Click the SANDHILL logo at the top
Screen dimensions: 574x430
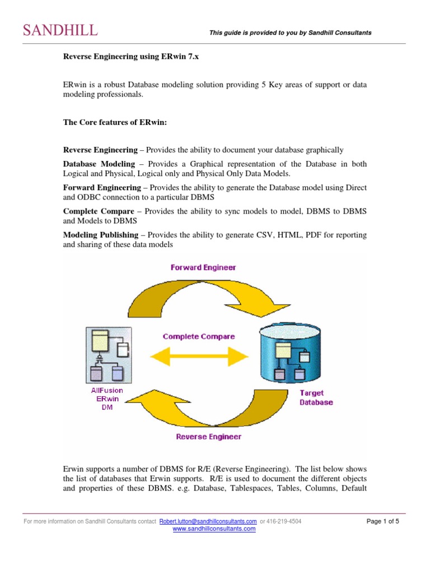(60, 30)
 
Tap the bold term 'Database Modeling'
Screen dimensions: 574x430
(99, 164)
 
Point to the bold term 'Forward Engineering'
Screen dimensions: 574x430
(101, 188)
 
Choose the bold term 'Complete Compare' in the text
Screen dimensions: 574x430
(99, 211)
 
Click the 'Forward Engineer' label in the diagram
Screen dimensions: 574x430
(203, 267)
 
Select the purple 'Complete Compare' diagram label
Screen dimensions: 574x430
(199, 337)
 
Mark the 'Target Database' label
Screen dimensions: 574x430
(316, 397)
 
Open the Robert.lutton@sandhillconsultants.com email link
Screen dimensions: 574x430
(208, 522)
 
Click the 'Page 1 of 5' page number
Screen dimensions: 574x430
(386, 522)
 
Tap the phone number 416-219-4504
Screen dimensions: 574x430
(284, 522)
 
